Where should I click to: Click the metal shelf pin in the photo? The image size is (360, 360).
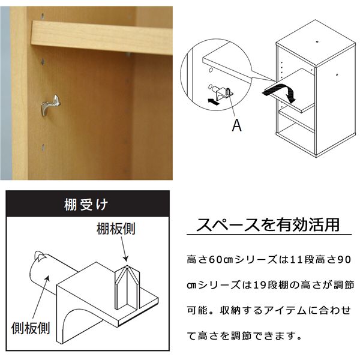coord(51,104)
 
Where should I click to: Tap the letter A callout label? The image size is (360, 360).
coord(237,125)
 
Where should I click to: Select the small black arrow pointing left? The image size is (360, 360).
coord(213,101)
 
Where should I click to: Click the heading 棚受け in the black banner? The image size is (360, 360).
coord(86,205)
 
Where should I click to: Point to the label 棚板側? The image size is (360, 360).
coord(116,229)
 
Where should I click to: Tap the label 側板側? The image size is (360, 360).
coord(31,328)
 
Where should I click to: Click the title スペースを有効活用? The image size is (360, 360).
coord(268,225)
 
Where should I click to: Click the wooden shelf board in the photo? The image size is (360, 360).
coord(102,37)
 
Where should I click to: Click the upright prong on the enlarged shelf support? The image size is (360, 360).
coord(127,287)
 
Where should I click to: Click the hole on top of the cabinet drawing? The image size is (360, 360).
coord(317,42)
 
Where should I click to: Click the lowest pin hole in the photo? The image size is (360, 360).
coord(43,148)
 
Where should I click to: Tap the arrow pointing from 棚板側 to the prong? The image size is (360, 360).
coord(123,249)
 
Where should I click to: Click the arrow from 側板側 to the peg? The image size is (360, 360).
coord(41,298)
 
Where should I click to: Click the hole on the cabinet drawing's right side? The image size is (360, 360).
coord(337,74)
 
